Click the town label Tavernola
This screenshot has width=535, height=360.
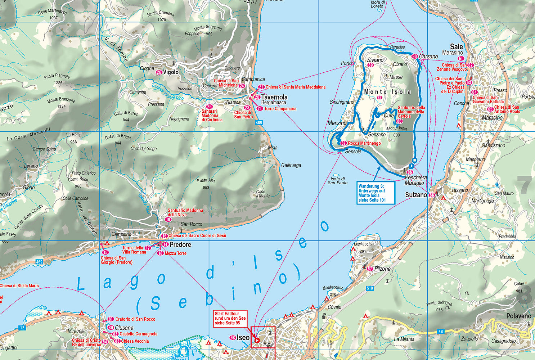click(x=274, y=97)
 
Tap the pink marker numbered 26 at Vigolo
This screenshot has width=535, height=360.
click(x=159, y=72)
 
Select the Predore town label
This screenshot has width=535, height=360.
click(x=180, y=245)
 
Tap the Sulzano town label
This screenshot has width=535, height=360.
click(x=416, y=195)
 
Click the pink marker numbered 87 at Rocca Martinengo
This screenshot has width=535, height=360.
click(x=343, y=143)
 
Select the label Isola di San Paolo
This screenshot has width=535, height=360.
click(x=338, y=181)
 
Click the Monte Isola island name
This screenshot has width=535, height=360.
click(x=387, y=92)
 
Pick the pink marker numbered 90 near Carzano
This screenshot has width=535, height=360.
click(x=414, y=57)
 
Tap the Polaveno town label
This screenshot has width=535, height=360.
click(x=519, y=316)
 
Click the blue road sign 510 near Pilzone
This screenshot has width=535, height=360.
click(x=370, y=288)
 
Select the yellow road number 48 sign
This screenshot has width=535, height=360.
click(x=441, y=332)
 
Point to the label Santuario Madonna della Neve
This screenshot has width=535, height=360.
click(x=185, y=212)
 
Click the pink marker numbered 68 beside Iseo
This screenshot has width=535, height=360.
click(x=233, y=338)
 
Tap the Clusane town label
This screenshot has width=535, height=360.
click(x=124, y=328)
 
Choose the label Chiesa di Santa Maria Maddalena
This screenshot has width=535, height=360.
click(x=295, y=87)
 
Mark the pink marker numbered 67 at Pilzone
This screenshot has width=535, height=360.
click(x=369, y=269)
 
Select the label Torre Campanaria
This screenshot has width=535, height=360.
click(x=280, y=109)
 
